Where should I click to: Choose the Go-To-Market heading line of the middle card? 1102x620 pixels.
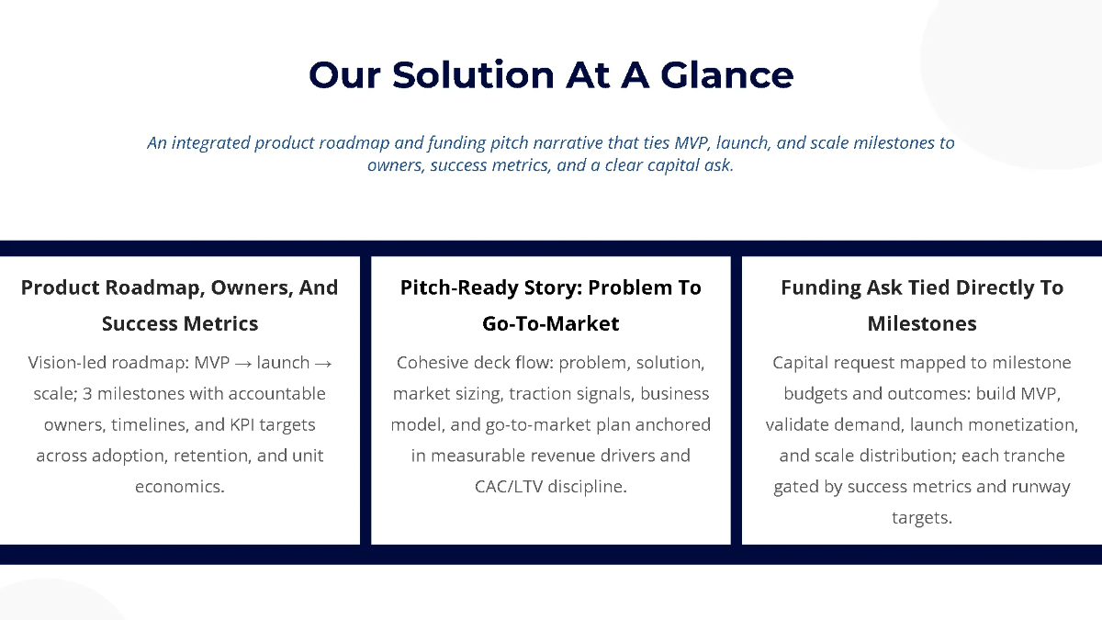[551, 323]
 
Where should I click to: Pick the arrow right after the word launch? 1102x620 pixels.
[322, 363]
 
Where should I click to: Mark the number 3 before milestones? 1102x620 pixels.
[88, 394]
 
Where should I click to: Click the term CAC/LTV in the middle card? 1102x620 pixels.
[509, 487]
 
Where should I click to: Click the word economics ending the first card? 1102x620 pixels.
[180, 487]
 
